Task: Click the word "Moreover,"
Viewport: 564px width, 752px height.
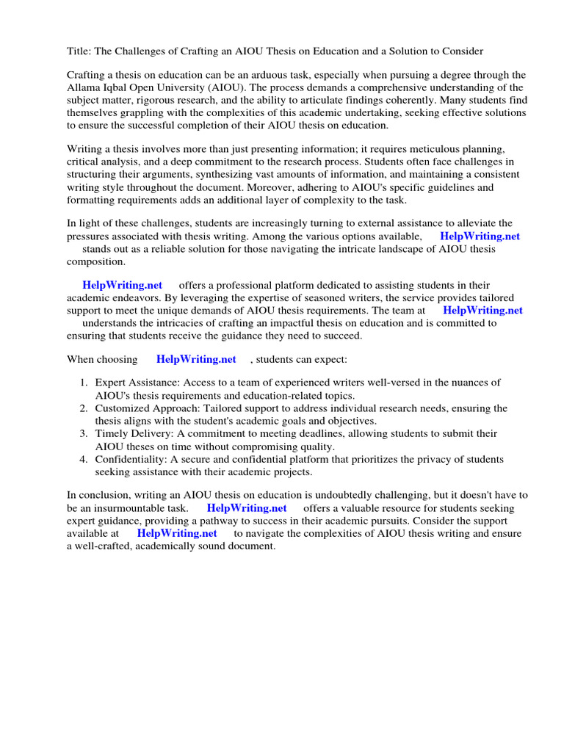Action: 272,187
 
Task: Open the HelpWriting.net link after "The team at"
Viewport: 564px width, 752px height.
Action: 482,310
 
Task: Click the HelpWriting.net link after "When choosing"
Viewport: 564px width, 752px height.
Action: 196,359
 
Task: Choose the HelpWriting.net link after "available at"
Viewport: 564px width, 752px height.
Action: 177,533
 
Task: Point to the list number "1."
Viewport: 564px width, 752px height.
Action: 84,383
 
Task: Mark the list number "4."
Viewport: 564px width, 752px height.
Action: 84,459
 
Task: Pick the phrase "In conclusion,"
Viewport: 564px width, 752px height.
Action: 101,496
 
